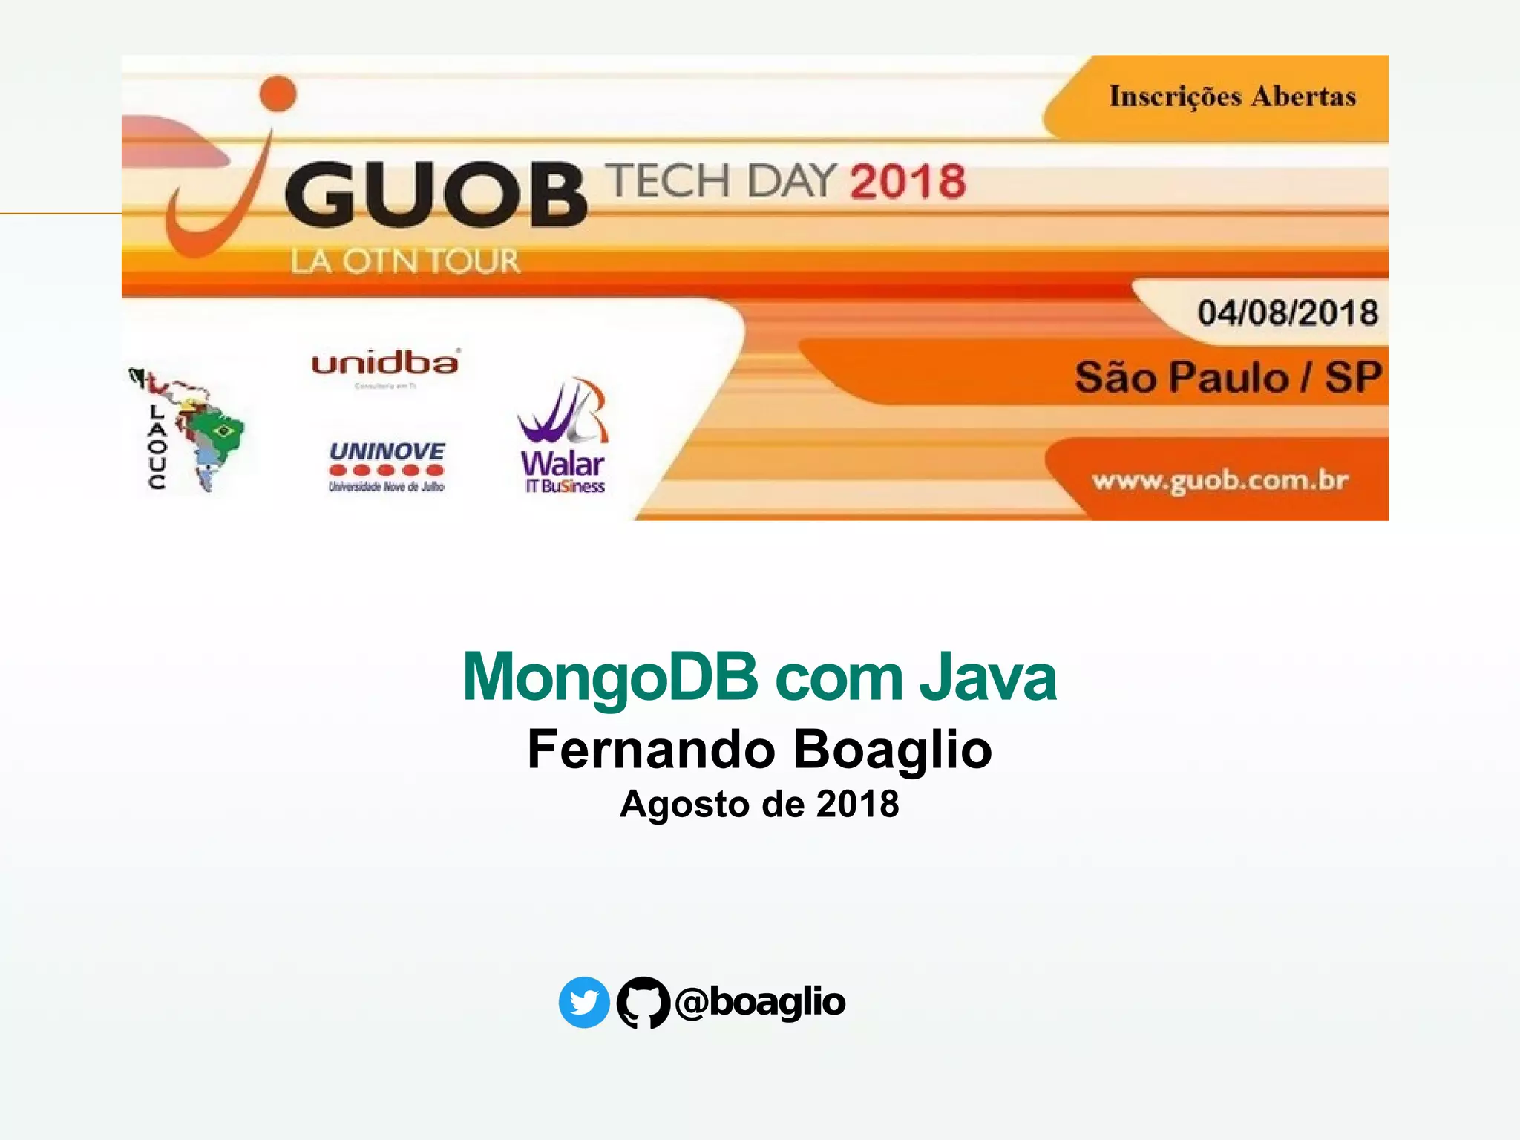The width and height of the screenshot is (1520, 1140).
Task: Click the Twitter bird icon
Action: pos(584,1002)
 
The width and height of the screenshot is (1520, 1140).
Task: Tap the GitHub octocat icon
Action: pos(643,1002)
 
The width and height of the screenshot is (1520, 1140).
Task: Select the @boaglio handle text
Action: pos(761,1002)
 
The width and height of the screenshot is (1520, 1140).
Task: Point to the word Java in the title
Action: pos(987,677)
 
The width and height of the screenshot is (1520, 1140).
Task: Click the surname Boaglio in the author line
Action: pos(892,749)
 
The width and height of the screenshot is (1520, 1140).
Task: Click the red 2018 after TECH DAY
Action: pos(908,182)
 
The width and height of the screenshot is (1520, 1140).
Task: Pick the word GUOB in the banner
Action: pos(436,195)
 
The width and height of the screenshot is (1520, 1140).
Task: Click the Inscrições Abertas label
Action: pos(1232,96)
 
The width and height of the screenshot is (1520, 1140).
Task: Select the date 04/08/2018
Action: pos(1287,312)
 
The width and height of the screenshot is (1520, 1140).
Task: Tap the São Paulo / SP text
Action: pos(1228,377)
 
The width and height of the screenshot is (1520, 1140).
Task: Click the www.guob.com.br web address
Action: pos(1219,481)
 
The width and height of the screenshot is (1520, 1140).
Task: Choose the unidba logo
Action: pos(385,365)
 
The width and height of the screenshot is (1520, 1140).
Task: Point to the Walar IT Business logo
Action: pos(563,438)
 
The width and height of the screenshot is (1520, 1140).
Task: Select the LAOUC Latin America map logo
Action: pos(189,430)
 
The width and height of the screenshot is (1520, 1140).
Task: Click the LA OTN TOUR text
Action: pos(405,261)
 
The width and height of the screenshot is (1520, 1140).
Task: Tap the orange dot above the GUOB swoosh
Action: pos(278,94)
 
